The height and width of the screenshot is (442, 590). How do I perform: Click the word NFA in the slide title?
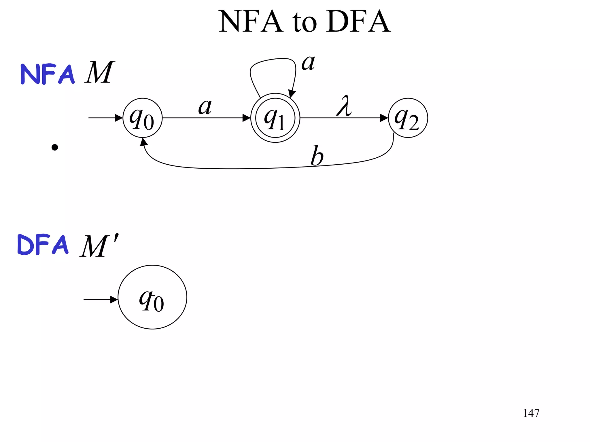(251, 22)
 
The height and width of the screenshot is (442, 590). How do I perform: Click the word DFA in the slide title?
(358, 22)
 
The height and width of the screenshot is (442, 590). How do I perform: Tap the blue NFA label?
(48, 74)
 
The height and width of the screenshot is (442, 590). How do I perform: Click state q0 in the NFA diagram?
(142, 118)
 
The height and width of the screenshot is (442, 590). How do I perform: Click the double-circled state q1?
(275, 118)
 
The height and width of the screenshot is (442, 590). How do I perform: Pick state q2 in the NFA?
(408, 118)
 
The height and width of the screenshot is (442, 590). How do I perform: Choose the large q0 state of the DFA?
(152, 297)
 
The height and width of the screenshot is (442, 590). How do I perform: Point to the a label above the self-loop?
(308, 62)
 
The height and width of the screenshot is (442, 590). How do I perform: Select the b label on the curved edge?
(317, 156)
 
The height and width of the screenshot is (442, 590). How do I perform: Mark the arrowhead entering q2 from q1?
(384, 118)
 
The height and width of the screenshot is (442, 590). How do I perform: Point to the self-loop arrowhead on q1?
(292, 94)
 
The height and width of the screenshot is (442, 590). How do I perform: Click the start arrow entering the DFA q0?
(114, 300)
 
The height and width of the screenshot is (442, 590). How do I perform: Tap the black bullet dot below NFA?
(55, 148)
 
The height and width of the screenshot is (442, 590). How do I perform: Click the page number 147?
(531, 413)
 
